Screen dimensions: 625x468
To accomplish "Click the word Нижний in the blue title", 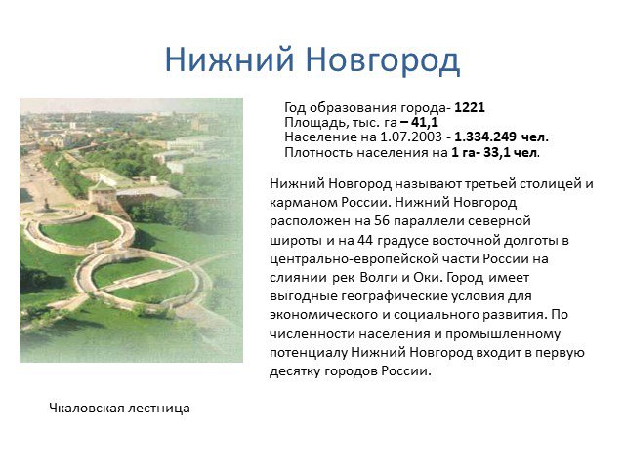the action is (x=229, y=59).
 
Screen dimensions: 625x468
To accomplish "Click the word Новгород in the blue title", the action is (x=383, y=60).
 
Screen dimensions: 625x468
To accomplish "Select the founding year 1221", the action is (x=470, y=108).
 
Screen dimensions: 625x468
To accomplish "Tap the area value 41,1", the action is (x=424, y=123).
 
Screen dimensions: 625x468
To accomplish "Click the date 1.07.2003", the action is (x=410, y=137).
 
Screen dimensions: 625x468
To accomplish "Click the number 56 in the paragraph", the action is (x=382, y=221).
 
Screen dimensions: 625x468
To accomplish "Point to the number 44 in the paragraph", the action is (x=365, y=241).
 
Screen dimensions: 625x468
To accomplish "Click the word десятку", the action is (x=295, y=371).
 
